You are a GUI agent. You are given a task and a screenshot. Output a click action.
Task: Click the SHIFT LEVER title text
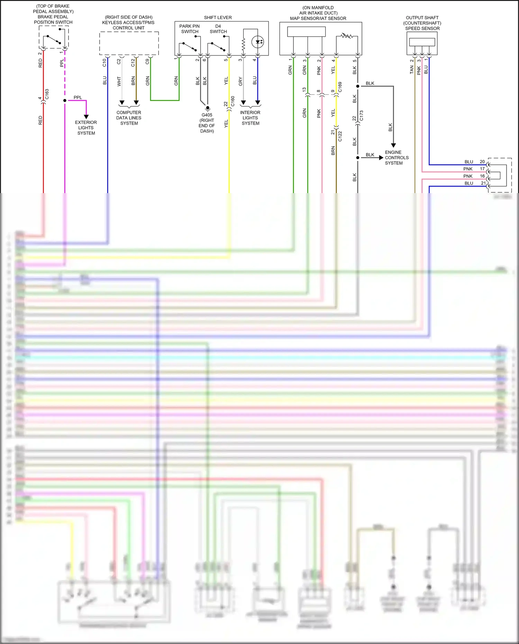click(x=218, y=17)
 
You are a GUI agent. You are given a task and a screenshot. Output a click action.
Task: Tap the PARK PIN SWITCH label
click(x=189, y=29)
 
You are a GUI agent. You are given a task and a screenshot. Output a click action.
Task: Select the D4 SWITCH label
click(x=218, y=29)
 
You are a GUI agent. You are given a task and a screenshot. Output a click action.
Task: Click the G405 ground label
click(x=207, y=123)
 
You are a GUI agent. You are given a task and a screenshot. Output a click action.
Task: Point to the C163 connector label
click(x=47, y=94)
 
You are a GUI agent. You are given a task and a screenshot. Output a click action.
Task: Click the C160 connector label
click(x=233, y=101)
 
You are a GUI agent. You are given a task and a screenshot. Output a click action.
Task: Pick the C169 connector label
click(x=340, y=87)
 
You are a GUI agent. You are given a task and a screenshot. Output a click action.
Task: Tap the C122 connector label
click(x=340, y=136)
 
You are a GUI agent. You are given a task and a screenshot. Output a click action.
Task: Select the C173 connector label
click(x=362, y=116)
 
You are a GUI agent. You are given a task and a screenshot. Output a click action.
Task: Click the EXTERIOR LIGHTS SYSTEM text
click(x=86, y=128)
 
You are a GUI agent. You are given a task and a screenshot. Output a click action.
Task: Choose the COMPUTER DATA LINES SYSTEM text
click(x=129, y=118)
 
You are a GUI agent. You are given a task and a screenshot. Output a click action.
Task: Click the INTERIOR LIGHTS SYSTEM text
click(x=250, y=118)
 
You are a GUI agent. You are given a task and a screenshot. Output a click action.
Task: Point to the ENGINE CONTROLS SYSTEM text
click(x=397, y=157)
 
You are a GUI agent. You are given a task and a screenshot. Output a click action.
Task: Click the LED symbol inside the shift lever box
click(x=258, y=42)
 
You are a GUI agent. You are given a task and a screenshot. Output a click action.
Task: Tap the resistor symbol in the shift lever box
click(x=244, y=44)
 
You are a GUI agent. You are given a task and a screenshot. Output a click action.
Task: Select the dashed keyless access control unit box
click(x=129, y=43)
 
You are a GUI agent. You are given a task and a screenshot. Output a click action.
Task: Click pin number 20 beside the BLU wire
click(x=482, y=162)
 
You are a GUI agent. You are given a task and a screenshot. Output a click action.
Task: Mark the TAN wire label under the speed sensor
click(x=412, y=70)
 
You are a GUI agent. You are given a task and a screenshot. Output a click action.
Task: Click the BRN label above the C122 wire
click(x=333, y=151)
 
